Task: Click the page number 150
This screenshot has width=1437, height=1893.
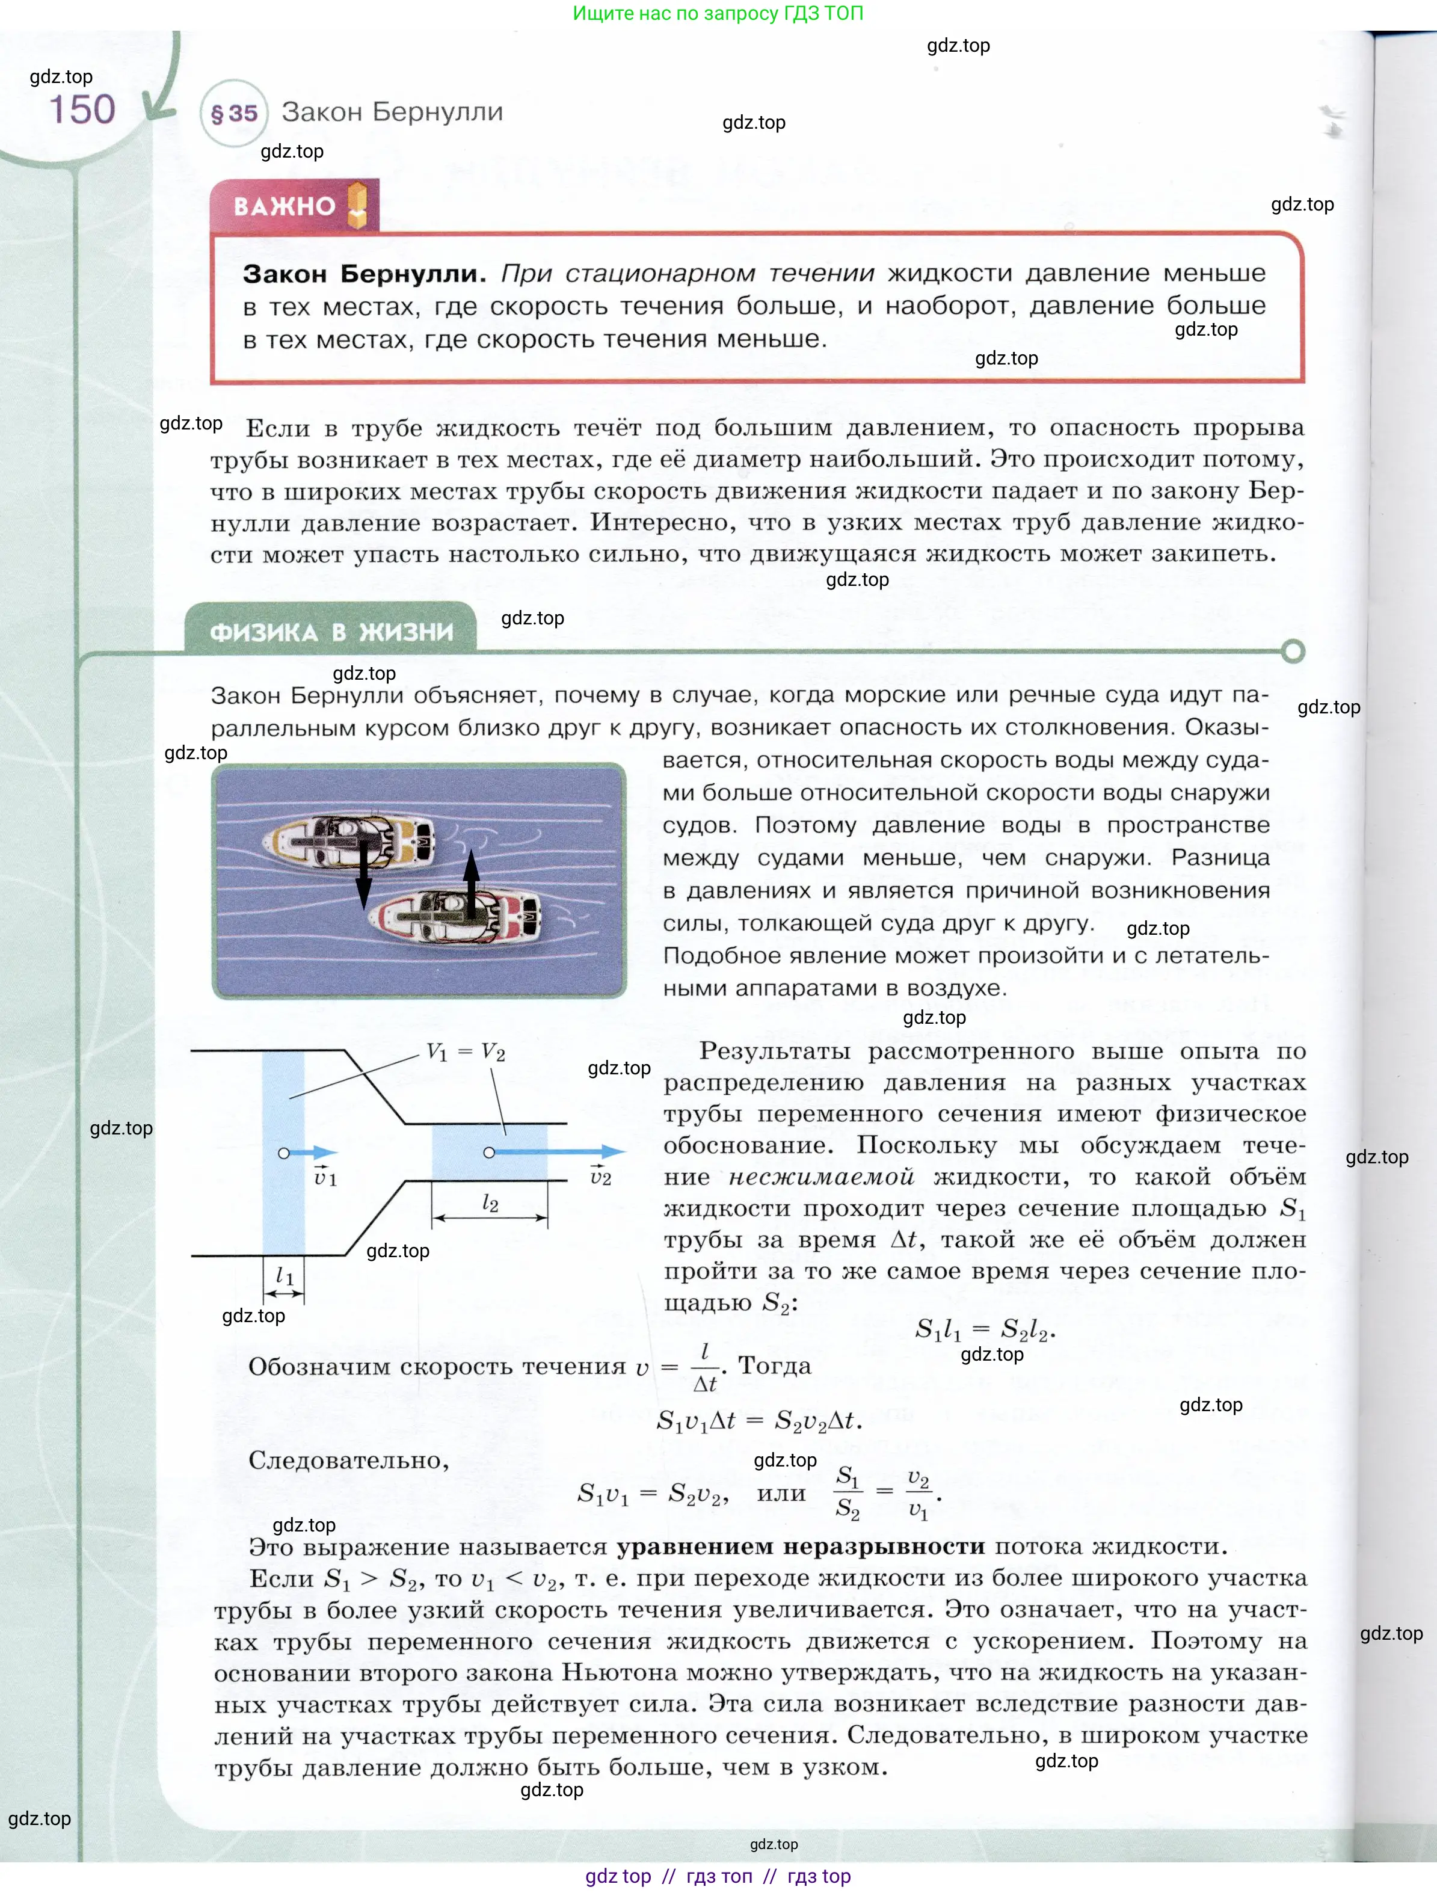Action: point(82,109)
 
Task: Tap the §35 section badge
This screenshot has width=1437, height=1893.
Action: point(233,113)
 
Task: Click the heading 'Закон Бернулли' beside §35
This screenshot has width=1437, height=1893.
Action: point(392,112)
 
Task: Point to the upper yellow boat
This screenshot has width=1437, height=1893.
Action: point(346,840)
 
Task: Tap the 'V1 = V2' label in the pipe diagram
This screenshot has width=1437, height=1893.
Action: point(466,1051)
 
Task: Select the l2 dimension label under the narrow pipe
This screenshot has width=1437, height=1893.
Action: point(490,1202)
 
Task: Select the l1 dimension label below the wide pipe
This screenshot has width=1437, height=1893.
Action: point(284,1276)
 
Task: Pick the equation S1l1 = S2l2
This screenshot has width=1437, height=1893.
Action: point(984,1329)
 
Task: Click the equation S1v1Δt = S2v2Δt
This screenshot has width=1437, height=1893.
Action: point(759,1421)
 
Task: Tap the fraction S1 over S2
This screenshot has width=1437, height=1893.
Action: point(848,1492)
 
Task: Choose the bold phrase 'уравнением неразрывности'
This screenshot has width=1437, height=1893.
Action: point(800,1547)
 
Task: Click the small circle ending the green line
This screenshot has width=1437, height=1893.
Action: point(1293,651)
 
